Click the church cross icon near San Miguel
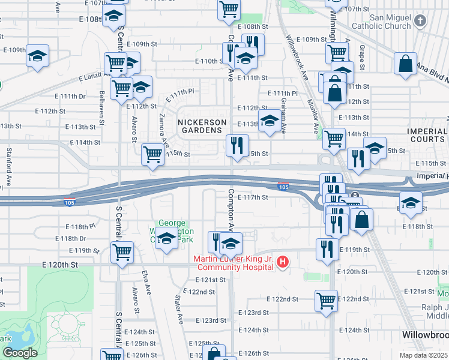[x=420, y=22]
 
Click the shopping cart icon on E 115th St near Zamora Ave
[x=152, y=155]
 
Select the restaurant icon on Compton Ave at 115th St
[x=237, y=145]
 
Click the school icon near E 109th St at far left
[x=38, y=56]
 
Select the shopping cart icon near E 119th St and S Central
[x=122, y=252]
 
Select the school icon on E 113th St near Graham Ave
[x=269, y=121]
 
